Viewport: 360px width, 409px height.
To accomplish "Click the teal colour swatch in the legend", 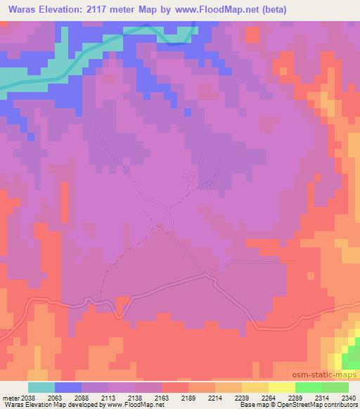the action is pyautogui.click(x=41, y=387).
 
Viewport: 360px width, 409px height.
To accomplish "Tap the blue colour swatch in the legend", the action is pyautogui.click(x=68, y=387).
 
